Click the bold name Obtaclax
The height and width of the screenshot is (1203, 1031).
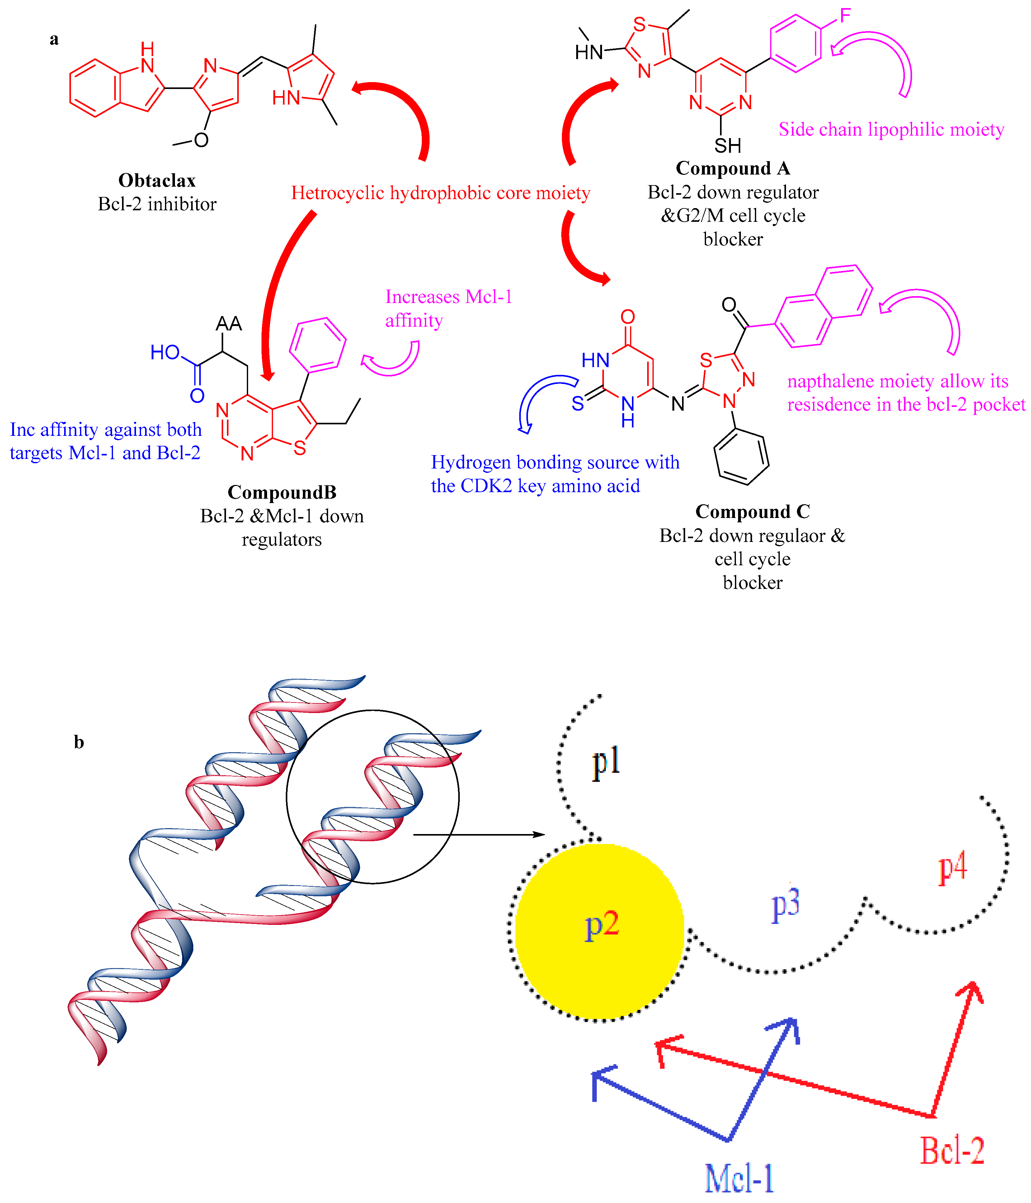157,180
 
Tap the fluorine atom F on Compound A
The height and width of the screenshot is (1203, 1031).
845,15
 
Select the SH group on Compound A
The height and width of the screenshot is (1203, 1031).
727,145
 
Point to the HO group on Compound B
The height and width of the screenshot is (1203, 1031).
165,352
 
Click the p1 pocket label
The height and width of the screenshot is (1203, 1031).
606,762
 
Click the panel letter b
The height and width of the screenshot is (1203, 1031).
79,742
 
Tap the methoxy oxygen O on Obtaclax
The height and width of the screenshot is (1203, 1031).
201,140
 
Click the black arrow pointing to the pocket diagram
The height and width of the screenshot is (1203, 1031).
479,835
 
